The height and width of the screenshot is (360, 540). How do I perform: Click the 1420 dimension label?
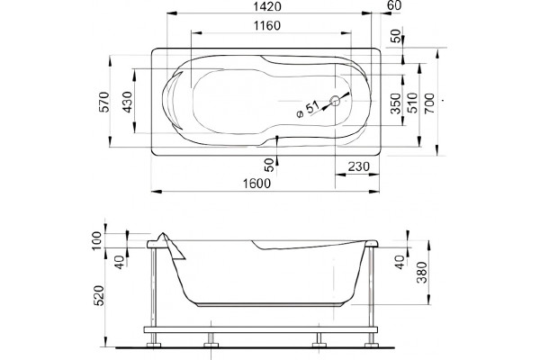coord(267,6)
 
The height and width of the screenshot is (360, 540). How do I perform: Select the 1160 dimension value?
coord(267,26)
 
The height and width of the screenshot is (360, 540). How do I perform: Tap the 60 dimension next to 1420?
coord(393,5)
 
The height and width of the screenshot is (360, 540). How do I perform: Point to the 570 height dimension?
coord(104,102)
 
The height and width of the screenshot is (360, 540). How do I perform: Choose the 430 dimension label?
coord(128,102)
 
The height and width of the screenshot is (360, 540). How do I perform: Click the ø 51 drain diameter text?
coord(308,110)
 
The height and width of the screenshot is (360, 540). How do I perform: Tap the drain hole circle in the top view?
coord(335,101)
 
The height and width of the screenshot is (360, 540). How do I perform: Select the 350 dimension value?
coord(396,103)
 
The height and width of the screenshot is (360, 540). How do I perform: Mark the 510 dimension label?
coord(412,103)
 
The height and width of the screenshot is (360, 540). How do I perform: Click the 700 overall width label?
coord(429,103)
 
